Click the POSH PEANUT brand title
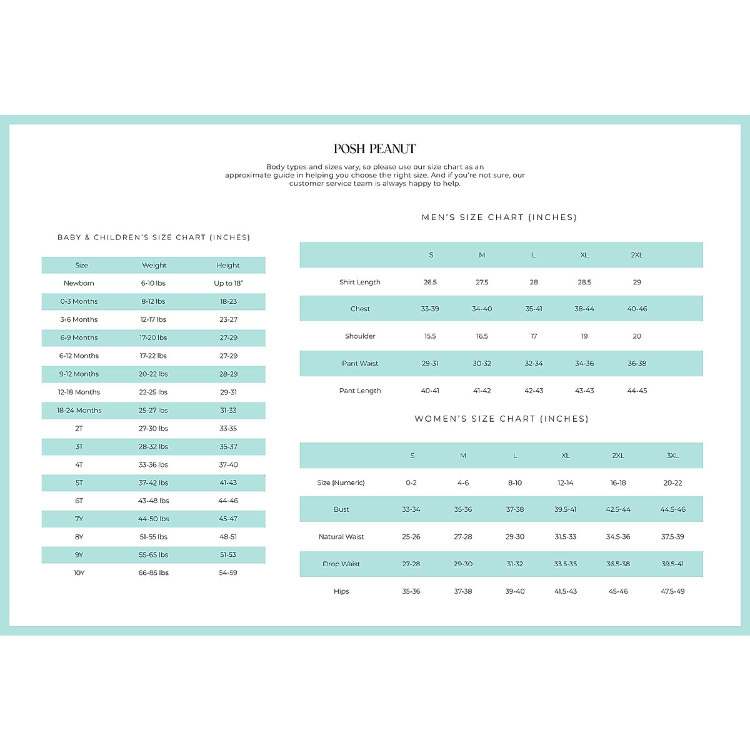point(374,149)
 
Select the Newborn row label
point(79,283)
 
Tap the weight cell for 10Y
point(154,572)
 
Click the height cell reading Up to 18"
point(228,283)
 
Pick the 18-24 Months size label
point(79,411)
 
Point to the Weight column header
point(154,265)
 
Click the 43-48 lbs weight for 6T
point(154,501)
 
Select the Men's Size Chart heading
point(499,217)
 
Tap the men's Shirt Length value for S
point(430,282)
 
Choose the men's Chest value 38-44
point(584,309)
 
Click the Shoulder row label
point(360,336)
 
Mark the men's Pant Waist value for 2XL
point(637,363)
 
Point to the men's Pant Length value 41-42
point(482,391)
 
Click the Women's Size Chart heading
point(501,419)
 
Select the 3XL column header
point(672,456)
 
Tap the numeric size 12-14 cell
point(566,482)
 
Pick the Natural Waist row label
point(341,537)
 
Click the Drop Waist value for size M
point(463,564)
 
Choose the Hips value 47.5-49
point(672,591)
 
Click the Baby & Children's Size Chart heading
point(154,237)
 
